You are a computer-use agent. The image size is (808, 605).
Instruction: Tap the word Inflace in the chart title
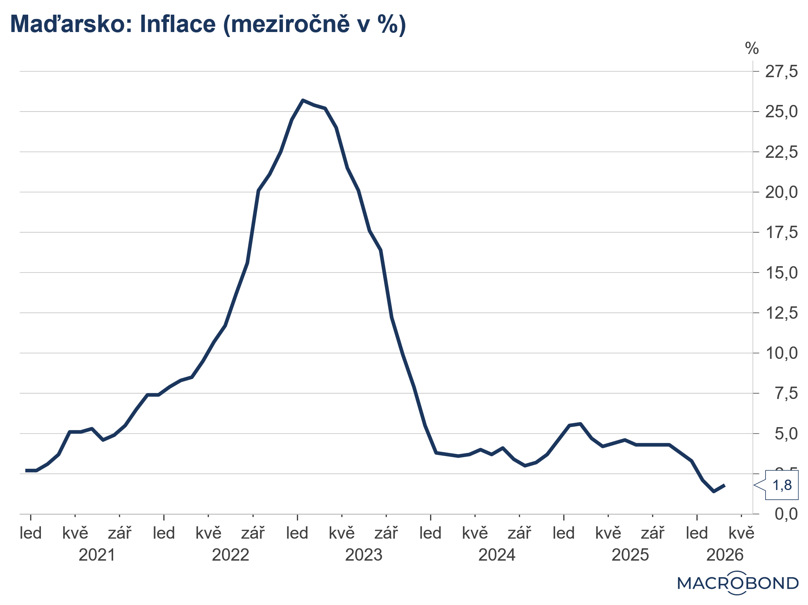point(178,24)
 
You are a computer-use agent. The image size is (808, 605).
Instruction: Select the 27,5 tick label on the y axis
point(781,72)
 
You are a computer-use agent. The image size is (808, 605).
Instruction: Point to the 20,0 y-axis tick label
point(781,192)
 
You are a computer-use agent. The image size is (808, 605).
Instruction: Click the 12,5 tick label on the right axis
point(781,313)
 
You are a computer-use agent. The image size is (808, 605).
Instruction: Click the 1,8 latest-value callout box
point(781,485)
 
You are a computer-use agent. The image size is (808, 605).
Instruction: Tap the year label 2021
point(97,555)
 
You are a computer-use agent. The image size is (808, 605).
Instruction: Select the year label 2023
point(364,555)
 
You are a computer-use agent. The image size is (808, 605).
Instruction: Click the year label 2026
point(725,555)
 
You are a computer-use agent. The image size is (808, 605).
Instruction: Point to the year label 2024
point(497,555)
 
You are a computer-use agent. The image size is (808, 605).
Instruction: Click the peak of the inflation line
point(303,100)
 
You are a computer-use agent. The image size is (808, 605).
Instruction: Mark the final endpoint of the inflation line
point(725,485)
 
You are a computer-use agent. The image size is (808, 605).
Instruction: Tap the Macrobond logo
point(738,583)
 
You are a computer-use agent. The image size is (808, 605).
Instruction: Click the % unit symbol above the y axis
point(752,49)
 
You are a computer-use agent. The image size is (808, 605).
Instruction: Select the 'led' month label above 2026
point(697,533)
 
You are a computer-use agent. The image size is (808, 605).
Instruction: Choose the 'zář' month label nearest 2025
point(652,533)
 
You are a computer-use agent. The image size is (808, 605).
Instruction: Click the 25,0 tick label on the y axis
point(781,112)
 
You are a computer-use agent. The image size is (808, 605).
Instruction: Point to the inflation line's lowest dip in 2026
point(713,492)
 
